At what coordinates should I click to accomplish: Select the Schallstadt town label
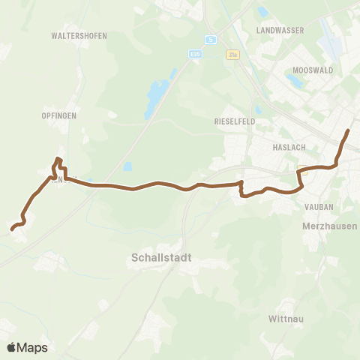coord(156,256)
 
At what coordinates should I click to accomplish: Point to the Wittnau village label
coord(284,319)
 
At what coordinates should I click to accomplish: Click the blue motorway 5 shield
coord(213,40)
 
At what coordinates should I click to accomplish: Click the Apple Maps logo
coord(27,347)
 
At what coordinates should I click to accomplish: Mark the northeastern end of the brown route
coord(348,131)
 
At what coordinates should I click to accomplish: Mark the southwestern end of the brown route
coord(13,229)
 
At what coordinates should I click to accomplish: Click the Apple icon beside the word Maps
coord(11,347)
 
